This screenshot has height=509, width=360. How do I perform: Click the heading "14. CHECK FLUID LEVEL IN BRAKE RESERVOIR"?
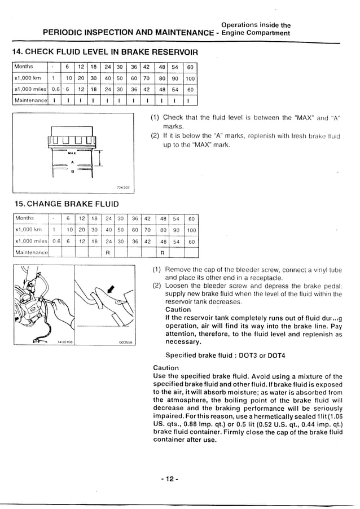coord(105,52)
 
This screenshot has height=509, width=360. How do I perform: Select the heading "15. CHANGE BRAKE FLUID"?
coord(65,203)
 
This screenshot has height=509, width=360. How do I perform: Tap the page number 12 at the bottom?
coord(169,479)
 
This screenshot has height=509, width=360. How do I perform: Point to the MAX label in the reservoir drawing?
coord(72,153)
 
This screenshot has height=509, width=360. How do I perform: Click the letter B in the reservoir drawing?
coord(72,173)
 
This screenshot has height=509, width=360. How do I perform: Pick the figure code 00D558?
coord(125,342)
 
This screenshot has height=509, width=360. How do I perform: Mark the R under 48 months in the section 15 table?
coord(163,252)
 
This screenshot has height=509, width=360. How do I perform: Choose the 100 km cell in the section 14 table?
coord(190,78)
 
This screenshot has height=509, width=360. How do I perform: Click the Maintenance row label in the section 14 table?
coord(30,101)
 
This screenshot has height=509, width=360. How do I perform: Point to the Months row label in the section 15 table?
coord(25,218)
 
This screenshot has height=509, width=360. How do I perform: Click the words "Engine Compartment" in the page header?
coord(256,33)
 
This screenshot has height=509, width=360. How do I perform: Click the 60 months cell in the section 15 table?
coord(191,218)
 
